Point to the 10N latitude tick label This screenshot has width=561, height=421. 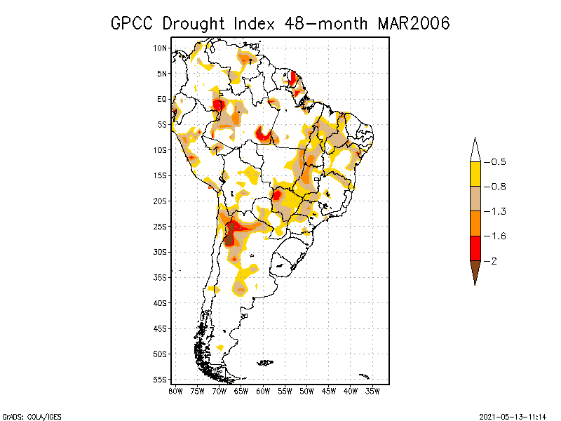pos(161,48)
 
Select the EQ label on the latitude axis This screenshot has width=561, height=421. pos(162,99)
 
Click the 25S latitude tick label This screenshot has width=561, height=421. pos(161,227)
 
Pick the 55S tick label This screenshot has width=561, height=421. pos(161,380)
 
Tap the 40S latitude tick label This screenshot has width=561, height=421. pos(161,303)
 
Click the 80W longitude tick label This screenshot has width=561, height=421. pos(175,391)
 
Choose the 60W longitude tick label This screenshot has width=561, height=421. pos(263,391)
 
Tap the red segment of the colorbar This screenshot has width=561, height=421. pos(475,248)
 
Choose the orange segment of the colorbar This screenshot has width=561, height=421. pos(475,223)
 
